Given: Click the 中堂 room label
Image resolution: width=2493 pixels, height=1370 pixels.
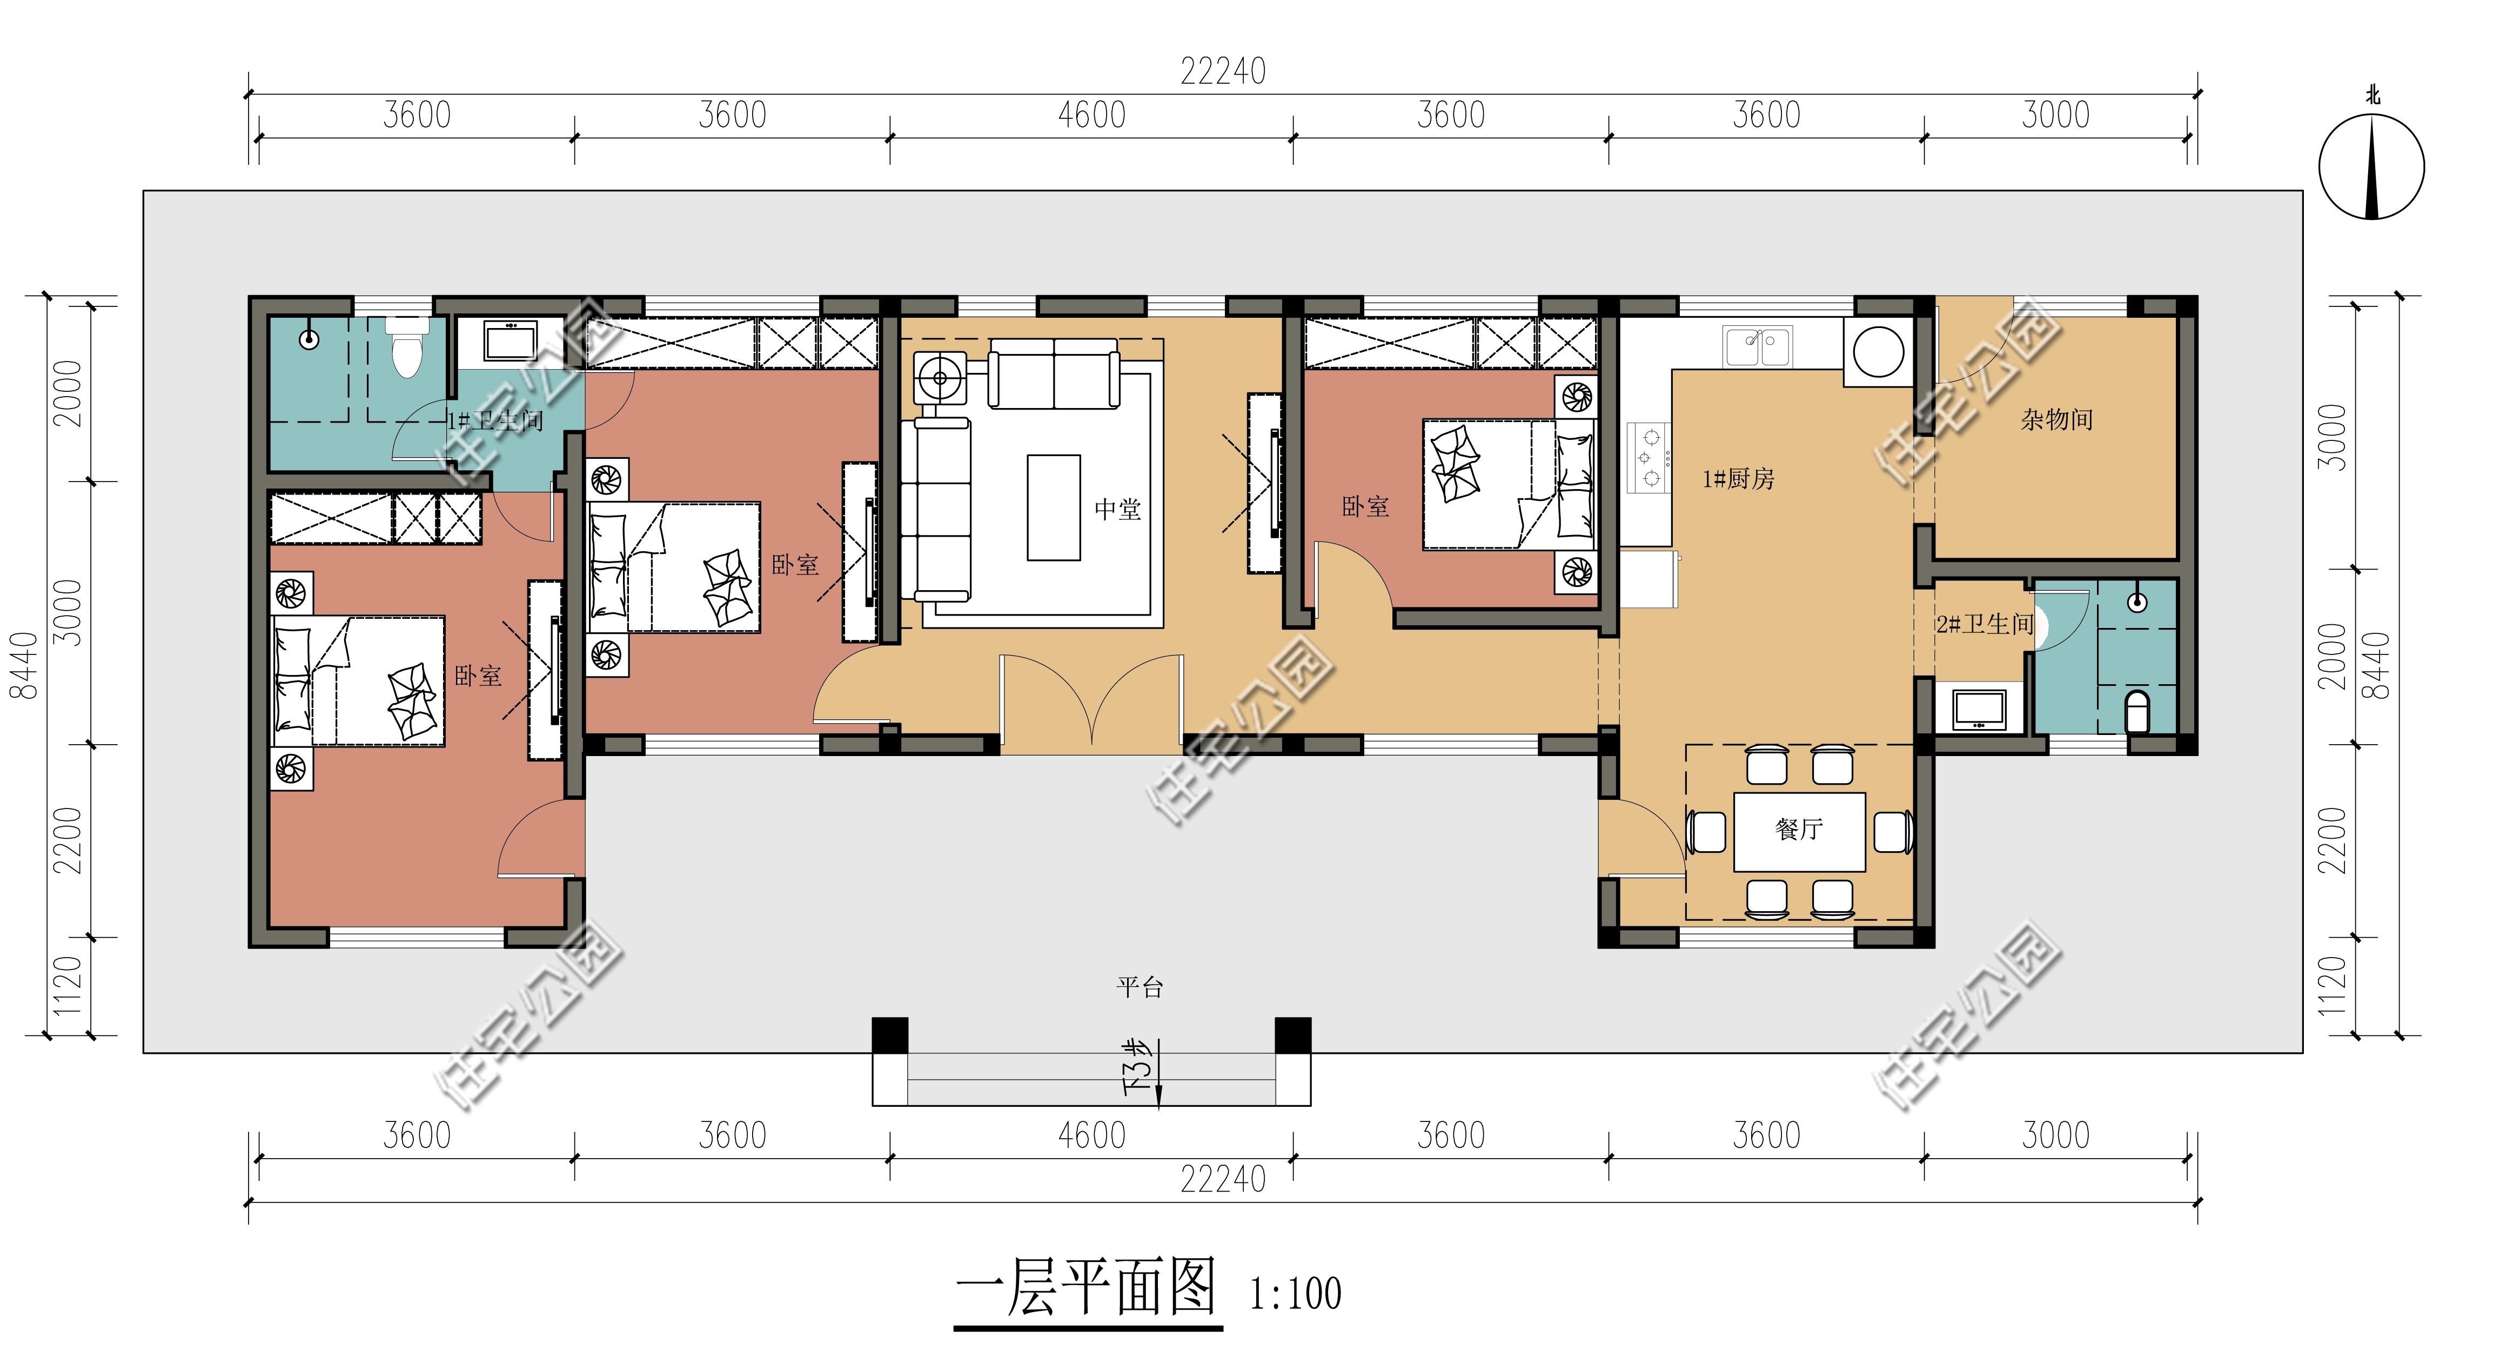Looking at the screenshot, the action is pyautogui.click(x=1118, y=509).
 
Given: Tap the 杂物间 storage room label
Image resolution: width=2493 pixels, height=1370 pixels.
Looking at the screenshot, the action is pyautogui.click(x=2056, y=419).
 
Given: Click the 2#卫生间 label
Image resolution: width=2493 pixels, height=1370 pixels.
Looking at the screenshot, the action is pyautogui.click(x=1985, y=625).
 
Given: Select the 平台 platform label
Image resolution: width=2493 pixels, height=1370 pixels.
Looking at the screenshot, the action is pyautogui.click(x=1140, y=987).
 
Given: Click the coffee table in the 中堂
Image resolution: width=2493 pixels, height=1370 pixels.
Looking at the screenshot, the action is pyautogui.click(x=1054, y=507).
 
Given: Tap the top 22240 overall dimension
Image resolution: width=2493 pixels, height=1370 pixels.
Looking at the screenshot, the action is pyautogui.click(x=1222, y=71).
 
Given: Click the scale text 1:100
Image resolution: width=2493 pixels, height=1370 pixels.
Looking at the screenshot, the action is pyautogui.click(x=1295, y=1293).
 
